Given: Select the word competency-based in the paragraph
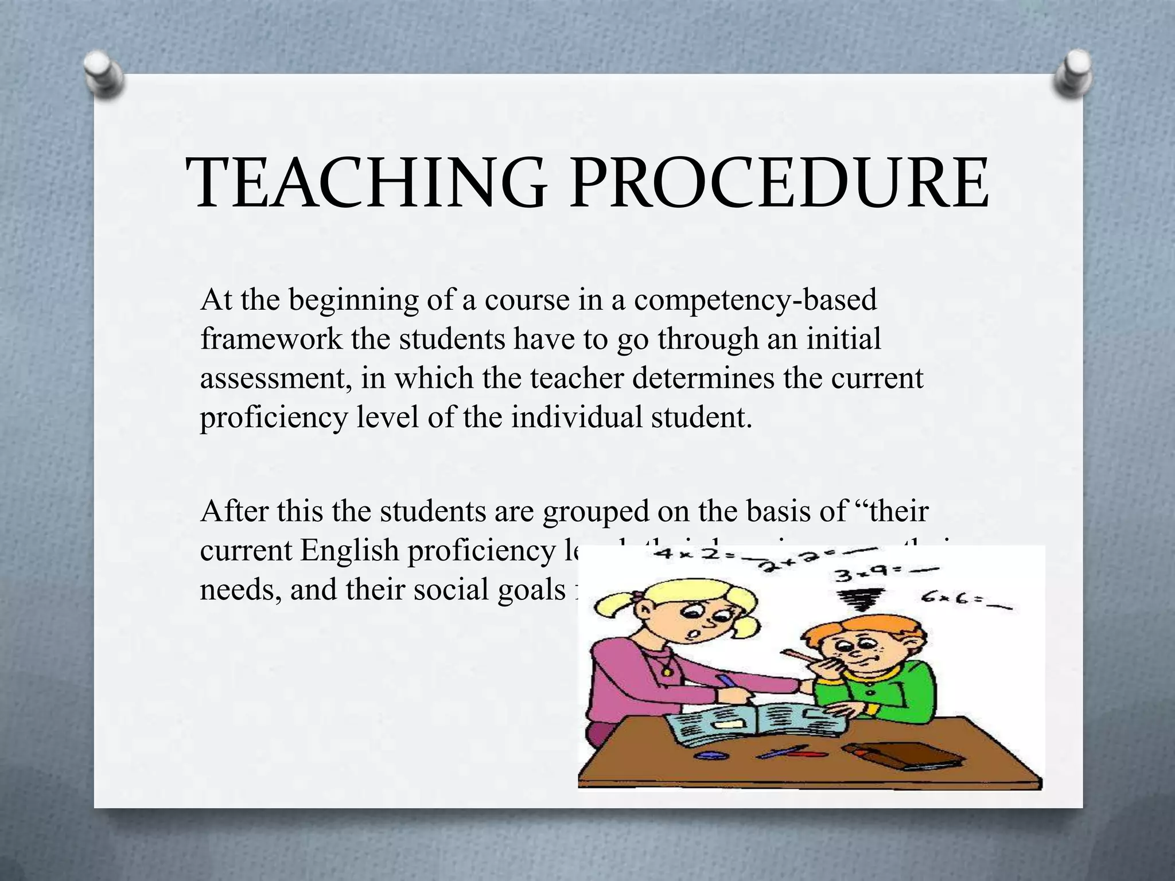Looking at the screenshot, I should click(x=755, y=301).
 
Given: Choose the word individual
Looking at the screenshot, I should click(x=577, y=417).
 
